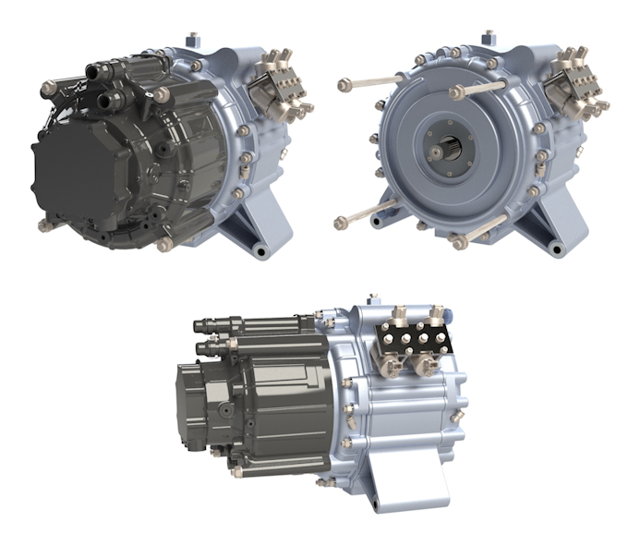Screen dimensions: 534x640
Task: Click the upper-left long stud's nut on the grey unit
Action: pyautogui.click(x=344, y=84)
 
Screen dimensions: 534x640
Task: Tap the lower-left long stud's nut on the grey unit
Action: pyautogui.click(x=340, y=222)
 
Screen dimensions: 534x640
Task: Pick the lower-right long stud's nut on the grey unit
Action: pyautogui.click(x=459, y=243)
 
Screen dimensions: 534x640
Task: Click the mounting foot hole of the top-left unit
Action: pyautogui.click(x=261, y=250)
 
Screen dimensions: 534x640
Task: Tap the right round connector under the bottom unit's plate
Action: pyautogui.click(x=428, y=366)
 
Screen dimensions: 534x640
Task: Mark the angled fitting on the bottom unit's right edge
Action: pyautogui.click(x=455, y=417)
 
